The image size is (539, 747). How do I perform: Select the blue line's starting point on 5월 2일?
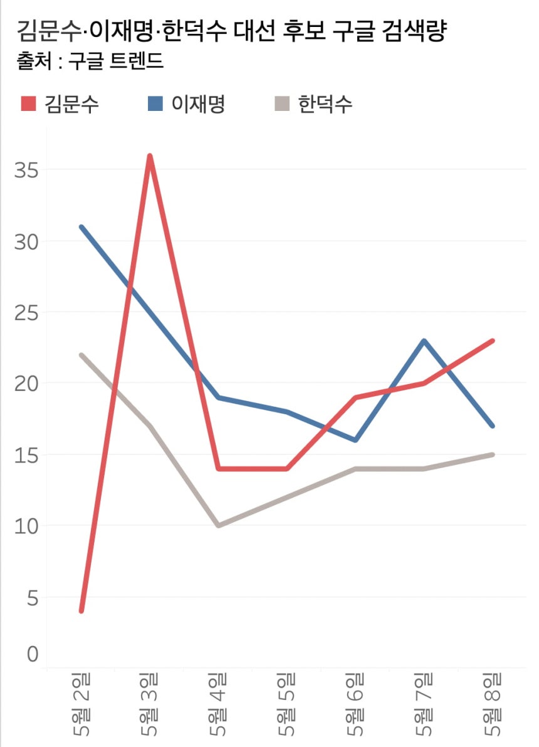tap(81, 227)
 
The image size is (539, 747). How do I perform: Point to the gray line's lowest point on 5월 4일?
tap(218, 525)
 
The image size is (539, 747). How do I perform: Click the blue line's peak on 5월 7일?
tap(424, 341)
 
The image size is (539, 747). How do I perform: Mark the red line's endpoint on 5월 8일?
tap(493, 341)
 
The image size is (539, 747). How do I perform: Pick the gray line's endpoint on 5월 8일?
tap(493, 454)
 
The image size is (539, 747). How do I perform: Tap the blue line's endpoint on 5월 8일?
tap(493, 426)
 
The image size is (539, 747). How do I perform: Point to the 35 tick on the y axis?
tap(26, 170)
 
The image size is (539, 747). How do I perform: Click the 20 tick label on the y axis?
tap(26, 383)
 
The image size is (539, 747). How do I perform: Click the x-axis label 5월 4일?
tap(218, 705)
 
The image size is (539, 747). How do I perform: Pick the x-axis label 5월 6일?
tap(355, 705)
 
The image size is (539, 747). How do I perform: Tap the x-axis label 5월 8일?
tap(493, 705)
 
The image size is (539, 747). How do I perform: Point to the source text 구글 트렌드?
tap(118, 61)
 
